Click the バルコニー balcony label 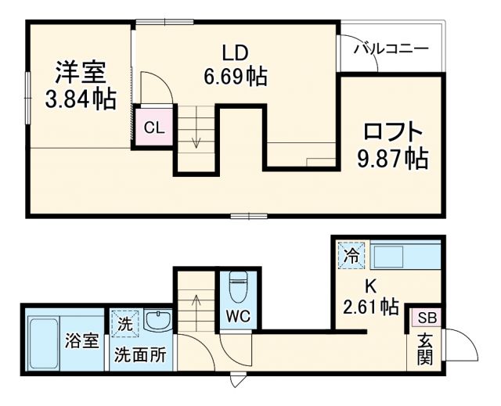[x=390, y=49]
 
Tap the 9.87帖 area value [x=392, y=159]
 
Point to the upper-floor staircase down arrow [x=196, y=139]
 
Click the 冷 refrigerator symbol [x=351, y=256]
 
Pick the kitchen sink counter [x=403, y=257]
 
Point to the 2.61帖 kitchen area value [x=370, y=307]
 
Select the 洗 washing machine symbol [x=125, y=322]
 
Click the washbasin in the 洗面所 [x=159, y=322]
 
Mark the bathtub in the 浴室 [x=44, y=343]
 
